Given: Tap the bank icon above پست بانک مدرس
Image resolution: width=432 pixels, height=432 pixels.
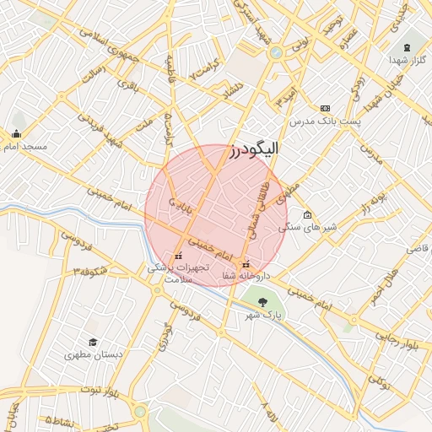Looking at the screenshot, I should point(325,108).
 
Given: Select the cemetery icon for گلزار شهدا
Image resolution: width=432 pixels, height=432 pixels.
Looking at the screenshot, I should point(408,46).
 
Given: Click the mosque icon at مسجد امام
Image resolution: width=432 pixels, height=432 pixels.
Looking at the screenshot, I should point(16,133).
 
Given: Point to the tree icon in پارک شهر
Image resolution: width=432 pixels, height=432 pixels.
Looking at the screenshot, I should point(262,301).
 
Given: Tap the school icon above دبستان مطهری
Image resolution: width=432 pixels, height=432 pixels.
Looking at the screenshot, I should point(93,342).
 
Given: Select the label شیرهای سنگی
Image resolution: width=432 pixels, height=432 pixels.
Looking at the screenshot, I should point(319,227).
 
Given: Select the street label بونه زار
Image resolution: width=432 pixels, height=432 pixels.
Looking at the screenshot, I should point(375,202).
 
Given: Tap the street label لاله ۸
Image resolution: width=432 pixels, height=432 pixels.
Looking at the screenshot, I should point(269,413).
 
